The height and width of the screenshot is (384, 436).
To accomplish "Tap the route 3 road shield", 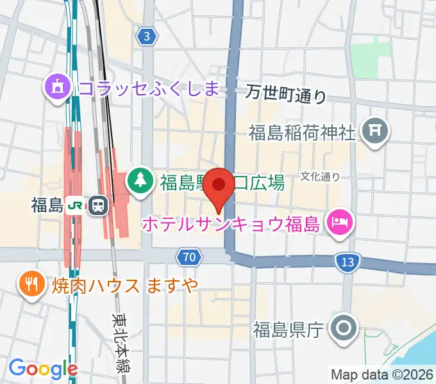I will [x=147, y=36].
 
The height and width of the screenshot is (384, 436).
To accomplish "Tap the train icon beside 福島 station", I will [x=98, y=205].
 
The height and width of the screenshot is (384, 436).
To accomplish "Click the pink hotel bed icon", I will [x=337, y=223].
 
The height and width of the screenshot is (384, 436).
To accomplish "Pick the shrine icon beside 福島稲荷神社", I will [x=376, y=132].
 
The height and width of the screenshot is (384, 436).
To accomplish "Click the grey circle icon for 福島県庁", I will [x=343, y=330].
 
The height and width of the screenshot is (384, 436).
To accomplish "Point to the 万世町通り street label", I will [x=286, y=95].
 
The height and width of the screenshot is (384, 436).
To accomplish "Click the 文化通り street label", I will [x=320, y=176].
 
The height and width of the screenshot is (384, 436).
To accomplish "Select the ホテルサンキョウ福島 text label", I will [x=231, y=224].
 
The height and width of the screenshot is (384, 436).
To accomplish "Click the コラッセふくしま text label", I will [x=148, y=86].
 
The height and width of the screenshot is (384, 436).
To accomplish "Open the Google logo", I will [x=43, y=368].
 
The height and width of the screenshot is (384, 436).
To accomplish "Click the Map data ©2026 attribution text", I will [x=382, y=374].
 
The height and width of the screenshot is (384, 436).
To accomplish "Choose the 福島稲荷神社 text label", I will [x=302, y=133].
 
